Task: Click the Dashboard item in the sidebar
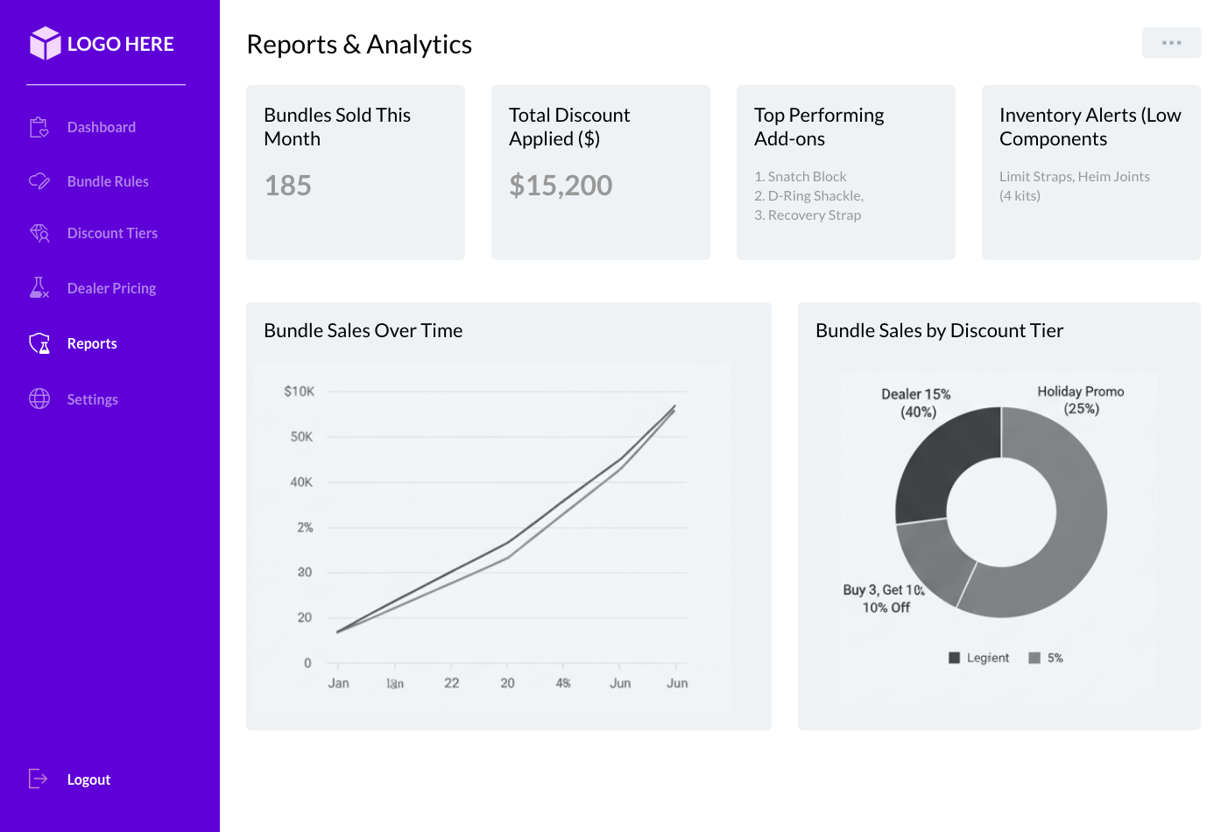(x=101, y=128)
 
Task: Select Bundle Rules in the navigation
(x=107, y=181)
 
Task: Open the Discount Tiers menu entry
(x=111, y=234)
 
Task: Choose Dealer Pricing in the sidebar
(x=110, y=288)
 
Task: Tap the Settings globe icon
(x=39, y=398)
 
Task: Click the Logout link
(x=88, y=779)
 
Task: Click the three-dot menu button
(x=1171, y=43)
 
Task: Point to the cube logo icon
(x=45, y=43)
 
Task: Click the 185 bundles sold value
(x=288, y=186)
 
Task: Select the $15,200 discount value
(x=561, y=186)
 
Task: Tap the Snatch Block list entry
(x=806, y=177)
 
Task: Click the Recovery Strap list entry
(x=814, y=215)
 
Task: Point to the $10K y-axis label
(x=299, y=391)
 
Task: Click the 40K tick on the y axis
(x=301, y=483)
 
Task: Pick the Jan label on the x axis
(x=338, y=683)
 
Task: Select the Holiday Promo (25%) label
(x=1081, y=400)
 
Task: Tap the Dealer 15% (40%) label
(x=916, y=403)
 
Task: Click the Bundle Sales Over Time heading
(x=363, y=331)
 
